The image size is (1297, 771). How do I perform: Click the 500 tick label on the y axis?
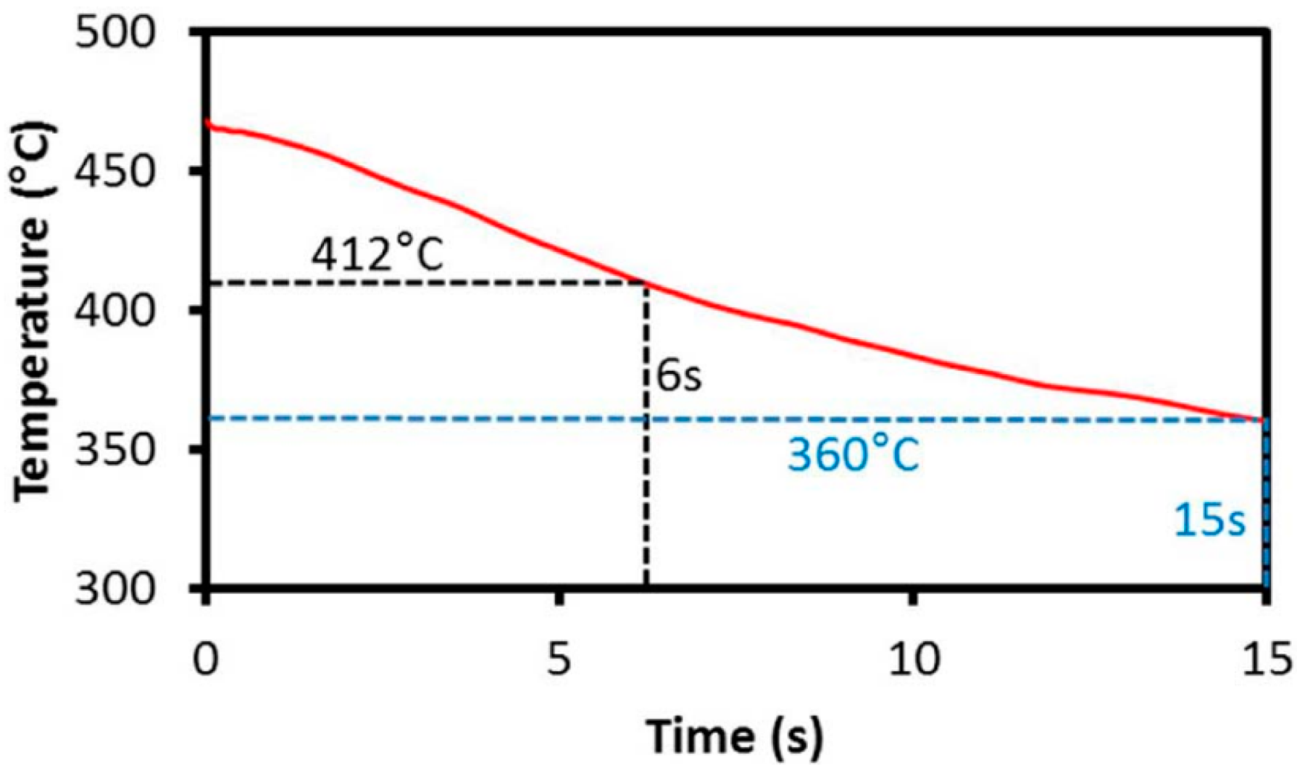[116, 35]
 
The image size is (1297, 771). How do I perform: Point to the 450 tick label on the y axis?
[116, 172]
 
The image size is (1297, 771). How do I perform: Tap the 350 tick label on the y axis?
[116, 450]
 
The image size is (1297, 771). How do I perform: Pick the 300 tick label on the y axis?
[116, 588]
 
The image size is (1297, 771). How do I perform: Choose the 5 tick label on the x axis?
[559, 659]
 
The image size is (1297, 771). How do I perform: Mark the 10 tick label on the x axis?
[913, 659]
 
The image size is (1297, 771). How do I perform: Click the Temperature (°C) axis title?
[33, 310]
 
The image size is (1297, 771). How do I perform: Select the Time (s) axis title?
[734, 737]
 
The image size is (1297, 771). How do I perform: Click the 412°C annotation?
[377, 254]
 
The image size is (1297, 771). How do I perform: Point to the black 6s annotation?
[679, 378]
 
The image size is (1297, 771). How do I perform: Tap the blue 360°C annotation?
[853, 457]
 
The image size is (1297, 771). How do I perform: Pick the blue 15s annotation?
[1209, 521]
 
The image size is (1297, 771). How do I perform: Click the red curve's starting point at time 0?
[208, 123]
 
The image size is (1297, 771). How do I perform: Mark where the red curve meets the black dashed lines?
[646, 283]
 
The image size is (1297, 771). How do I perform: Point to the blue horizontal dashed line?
[435, 419]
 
